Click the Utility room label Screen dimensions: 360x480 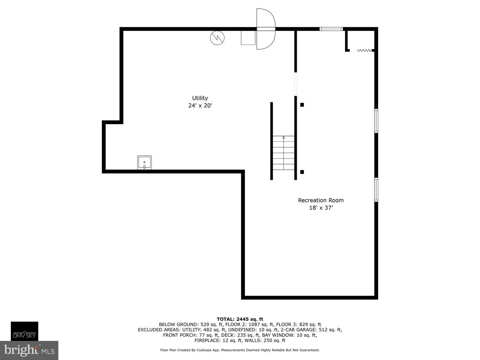[x=200, y=98]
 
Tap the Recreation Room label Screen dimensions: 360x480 [x=320, y=200]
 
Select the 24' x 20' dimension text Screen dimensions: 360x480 [x=200, y=106]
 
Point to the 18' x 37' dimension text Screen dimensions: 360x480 [x=320, y=208]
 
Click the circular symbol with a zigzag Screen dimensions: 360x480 [x=217, y=38]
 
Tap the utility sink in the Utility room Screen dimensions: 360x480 [x=144, y=163]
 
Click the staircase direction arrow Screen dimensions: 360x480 [x=283, y=138]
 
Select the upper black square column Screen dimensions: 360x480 [x=302, y=105]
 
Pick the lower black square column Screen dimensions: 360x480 [x=302, y=172]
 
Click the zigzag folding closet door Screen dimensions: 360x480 [x=364, y=50]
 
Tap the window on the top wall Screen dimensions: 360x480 [x=331, y=29]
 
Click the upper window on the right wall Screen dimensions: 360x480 [x=376, y=121]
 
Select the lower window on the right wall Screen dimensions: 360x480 [x=376, y=189]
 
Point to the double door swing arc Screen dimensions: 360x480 [x=266, y=29]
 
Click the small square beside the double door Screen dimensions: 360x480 [x=248, y=38]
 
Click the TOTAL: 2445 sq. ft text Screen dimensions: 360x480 [x=240, y=319]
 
